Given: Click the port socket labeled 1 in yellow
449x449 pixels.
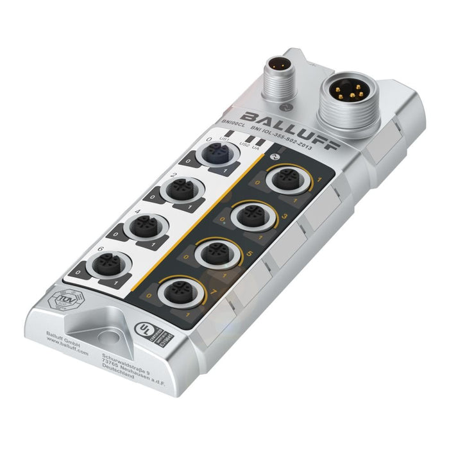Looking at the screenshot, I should pyautogui.click(x=284, y=180).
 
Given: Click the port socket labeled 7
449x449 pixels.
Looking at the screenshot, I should pyautogui.click(x=176, y=292).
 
